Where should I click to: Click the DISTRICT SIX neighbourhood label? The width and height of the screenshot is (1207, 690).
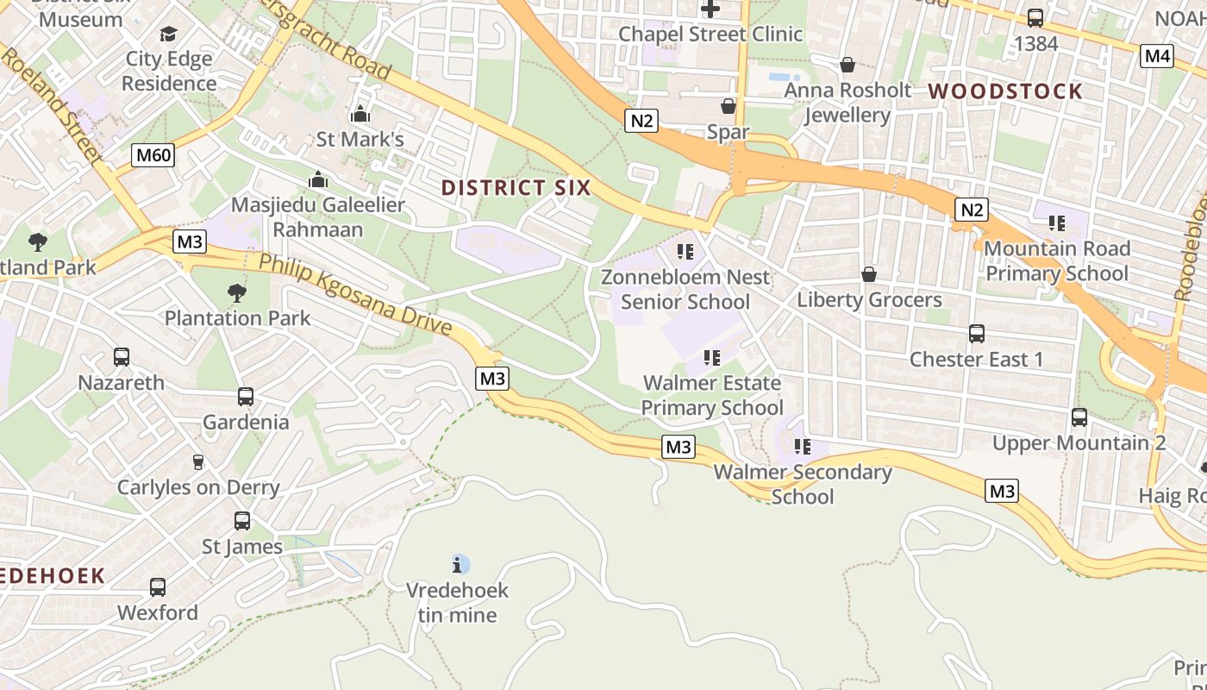click(516, 187)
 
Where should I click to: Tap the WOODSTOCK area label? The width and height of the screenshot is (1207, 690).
click(1004, 91)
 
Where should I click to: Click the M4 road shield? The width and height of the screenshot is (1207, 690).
click(1156, 56)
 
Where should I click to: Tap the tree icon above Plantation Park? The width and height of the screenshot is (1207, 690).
click(237, 293)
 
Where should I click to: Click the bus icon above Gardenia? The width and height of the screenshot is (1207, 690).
click(246, 397)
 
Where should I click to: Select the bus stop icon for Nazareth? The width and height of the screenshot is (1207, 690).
click(122, 357)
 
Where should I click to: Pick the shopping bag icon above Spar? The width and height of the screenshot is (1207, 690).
click(729, 106)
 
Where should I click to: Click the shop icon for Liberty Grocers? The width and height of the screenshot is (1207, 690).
click(869, 274)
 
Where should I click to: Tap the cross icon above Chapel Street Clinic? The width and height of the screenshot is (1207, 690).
click(710, 9)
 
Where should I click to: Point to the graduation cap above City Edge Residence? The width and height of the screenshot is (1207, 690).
click(168, 34)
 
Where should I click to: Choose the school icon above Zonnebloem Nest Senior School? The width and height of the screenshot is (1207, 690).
click(685, 252)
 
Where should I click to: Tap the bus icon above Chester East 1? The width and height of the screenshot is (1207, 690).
click(977, 334)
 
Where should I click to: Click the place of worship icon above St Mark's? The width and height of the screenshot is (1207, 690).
click(360, 114)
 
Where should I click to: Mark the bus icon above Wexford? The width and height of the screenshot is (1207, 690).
click(158, 587)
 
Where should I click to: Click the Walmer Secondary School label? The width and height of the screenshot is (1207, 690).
click(802, 484)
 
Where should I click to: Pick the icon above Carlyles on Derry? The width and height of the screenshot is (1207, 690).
click(198, 462)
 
